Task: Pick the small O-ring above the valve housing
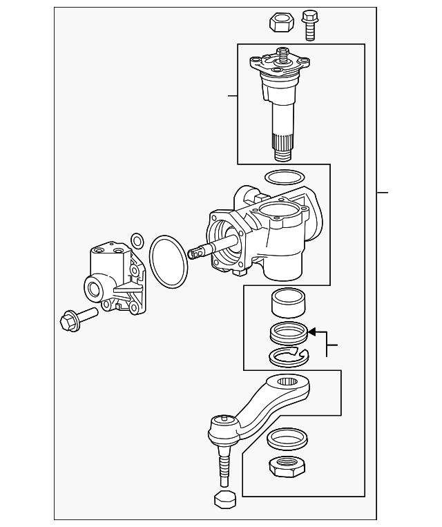[x=137, y=240]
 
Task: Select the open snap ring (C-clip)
[x=285, y=356]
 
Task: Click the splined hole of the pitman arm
[x=287, y=381]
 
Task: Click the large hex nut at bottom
[x=285, y=468]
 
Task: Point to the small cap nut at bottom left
[x=225, y=500]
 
